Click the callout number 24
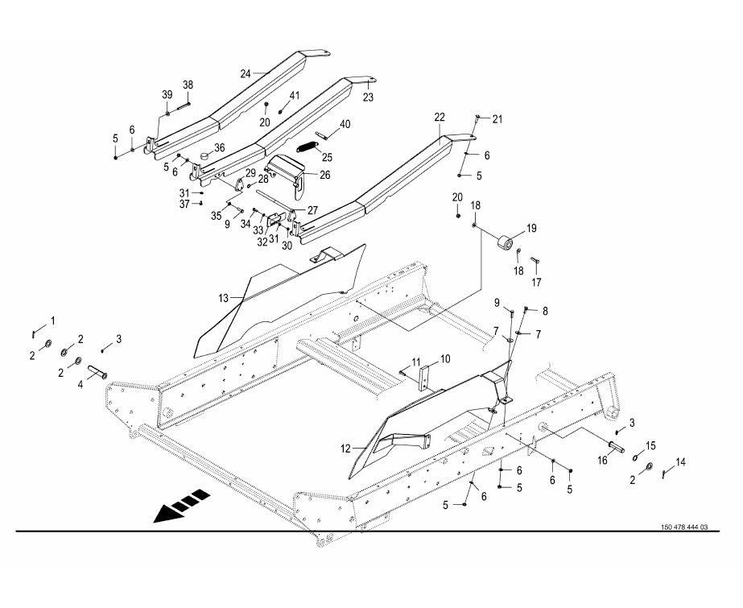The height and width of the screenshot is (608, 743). (x=246, y=72)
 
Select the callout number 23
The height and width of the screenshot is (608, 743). (x=368, y=97)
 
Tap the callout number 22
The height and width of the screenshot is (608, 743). (x=440, y=118)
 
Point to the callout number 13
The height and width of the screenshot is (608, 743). (x=223, y=298)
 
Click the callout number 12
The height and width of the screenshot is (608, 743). (x=346, y=448)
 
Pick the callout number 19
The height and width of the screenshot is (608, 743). (x=530, y=229)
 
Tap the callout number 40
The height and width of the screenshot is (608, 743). (x=345, y=124)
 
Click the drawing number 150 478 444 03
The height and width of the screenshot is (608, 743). (x=683, y=527)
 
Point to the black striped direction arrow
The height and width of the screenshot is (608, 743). (x=180, y=507)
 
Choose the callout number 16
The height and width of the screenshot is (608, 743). (x=601, y=460)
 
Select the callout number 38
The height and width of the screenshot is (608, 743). (x=188, y=85)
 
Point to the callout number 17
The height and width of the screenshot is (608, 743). (x=536, y=282)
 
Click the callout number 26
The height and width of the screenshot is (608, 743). (x=324, y=174)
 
